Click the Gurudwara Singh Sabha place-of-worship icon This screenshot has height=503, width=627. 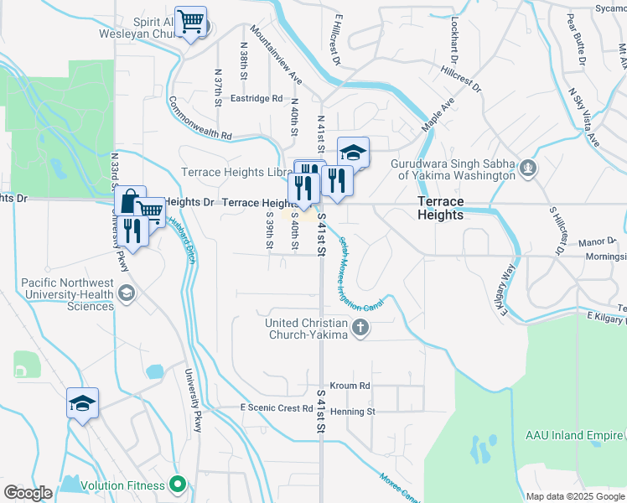point(527,169)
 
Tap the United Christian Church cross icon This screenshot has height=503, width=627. point(360,328)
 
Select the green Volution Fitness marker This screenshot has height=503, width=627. point(177,484)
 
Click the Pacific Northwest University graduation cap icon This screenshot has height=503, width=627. point(126,292)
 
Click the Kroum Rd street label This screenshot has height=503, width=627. point(351,386)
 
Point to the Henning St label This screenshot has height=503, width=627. point(352,412)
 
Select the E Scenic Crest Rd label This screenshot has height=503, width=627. point(276,408)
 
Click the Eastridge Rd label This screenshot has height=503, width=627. point(257,98)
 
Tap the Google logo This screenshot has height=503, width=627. point(28,493)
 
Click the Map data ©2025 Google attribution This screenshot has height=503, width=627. point(574,496)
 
